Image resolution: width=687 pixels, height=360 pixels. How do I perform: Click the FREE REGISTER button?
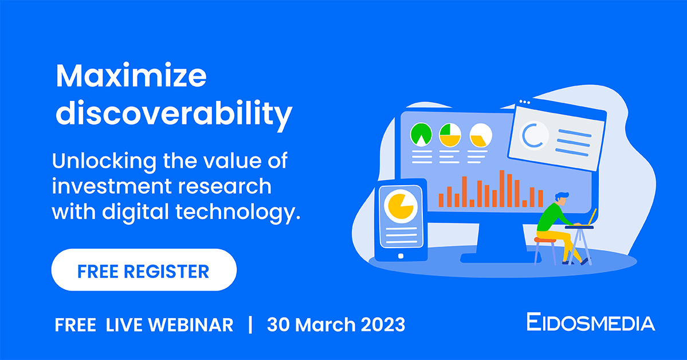pyautogui.click(x=144, y=269)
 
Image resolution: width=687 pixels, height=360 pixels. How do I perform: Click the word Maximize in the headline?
pyautogui.click(x=131, y=76)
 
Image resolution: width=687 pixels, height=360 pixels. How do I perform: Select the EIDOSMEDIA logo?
pyautogui.click(x=590, y=323)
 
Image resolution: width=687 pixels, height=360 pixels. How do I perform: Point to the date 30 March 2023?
pyautogui.click(x=336, y=325)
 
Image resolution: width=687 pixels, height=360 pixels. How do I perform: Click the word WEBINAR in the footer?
pyautogui.click(x=190, y=325)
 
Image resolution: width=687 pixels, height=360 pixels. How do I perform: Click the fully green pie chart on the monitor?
pyautogui.click(x=421, y=134)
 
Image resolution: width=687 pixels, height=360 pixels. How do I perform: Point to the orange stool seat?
pyautogui.click(x=545, y=240)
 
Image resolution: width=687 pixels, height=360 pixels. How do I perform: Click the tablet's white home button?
pyautogui.click(x=400, y=256)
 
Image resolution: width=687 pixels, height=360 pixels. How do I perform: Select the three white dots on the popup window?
pyautogui.click(x=524, y=102)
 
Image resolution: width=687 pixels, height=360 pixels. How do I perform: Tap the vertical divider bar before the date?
pyautogui.click(x=250, y=325)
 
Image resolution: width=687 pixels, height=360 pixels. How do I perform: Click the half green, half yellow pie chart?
pyautogui.click(x=450, y=135)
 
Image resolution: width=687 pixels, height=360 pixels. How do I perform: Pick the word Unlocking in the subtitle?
pyautogui.click(x=104, y=161)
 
